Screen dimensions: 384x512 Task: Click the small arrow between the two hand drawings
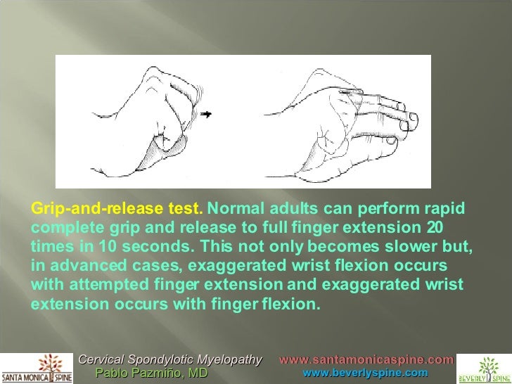click(206, 113)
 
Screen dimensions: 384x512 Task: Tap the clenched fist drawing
click(155, 113)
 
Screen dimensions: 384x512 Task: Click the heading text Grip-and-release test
click(117, 209)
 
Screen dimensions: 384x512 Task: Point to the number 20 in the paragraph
click(435, 229)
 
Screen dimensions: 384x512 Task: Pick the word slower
click(411, 248)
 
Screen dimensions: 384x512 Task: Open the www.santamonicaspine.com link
click(366, 360)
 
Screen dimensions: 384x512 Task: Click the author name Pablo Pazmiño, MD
click(151, 373)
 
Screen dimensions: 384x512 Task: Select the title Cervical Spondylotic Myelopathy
click(170, 360)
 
